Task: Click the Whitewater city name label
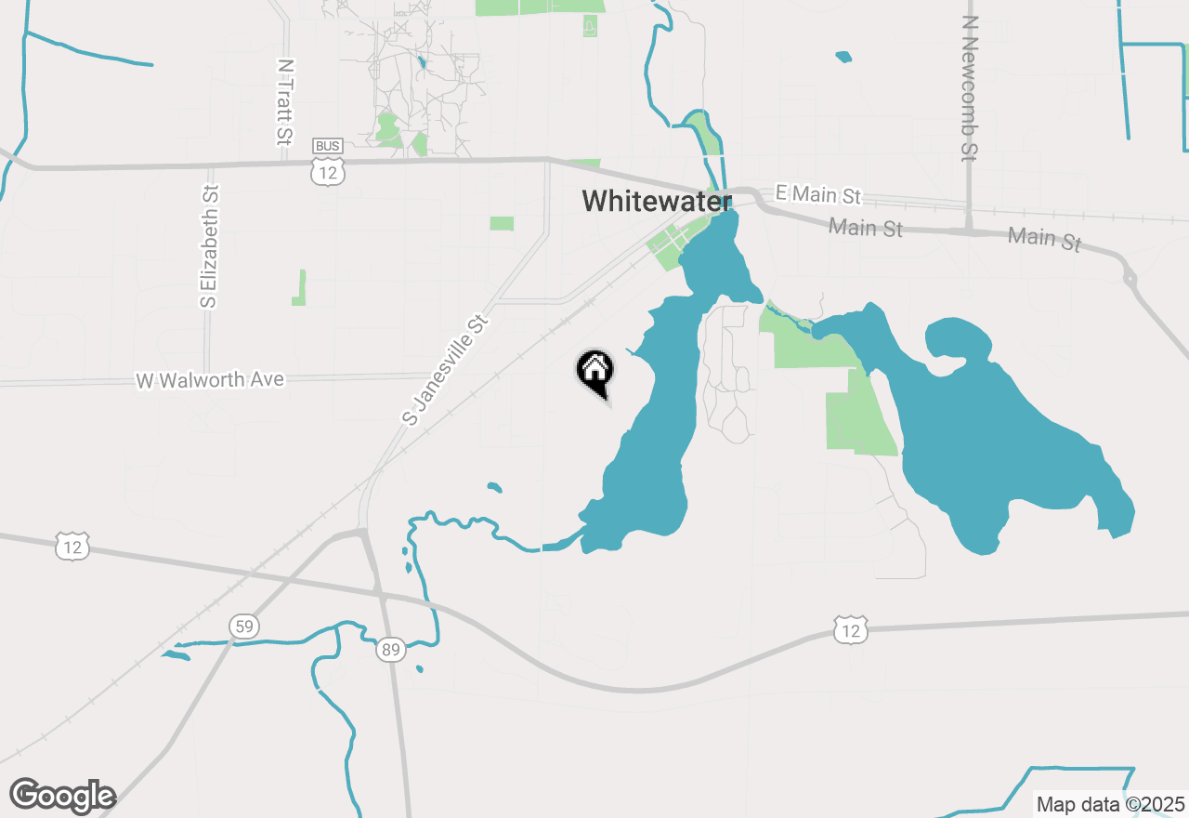(656, 200)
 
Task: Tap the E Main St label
(817, 194)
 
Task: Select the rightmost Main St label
(1045, 238)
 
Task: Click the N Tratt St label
(286, 102)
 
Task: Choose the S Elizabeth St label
(210, 246)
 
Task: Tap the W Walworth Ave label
(210, 380)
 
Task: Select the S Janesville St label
(446, 370)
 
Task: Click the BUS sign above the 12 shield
(328, 146)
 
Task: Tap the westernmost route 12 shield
(72, 546)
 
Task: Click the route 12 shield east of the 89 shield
(851, 629)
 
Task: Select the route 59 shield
(243, 627)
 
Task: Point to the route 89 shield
(391, 650)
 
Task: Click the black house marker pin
(595, 372)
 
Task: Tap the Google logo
(62, 796)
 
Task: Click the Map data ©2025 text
(1110, 804)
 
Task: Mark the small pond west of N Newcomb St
(843, 57)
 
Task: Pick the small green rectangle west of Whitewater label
(502, 223)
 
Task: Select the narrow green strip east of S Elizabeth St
(300, 288)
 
